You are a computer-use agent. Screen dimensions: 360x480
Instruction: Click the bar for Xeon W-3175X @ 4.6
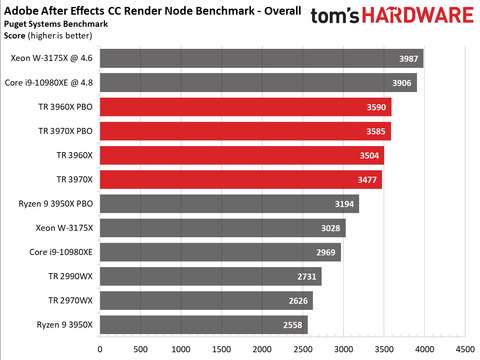pos(260,59)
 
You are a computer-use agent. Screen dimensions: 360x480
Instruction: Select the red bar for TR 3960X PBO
pos(244,107)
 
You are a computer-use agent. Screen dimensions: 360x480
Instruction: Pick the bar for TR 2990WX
pos(209,276)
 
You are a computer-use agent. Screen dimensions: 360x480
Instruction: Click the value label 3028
pos(330,228)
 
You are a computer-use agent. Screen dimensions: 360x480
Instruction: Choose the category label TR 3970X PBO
pos(60,131)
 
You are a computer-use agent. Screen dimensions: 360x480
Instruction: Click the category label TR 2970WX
pos(68,300)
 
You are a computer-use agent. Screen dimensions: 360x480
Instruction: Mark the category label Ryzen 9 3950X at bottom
pos(60,325)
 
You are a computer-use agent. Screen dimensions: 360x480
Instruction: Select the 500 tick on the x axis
pos(140,350)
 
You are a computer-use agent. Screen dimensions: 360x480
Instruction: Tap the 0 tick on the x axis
pos(99,350)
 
